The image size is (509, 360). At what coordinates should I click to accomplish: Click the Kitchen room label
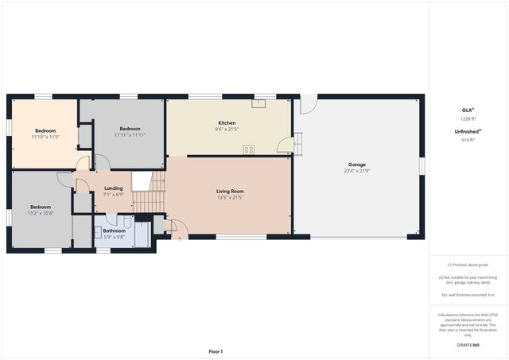pos(227,123)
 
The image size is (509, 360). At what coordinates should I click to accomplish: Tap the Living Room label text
pos(229,191)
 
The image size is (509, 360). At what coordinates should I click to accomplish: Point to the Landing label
pos(114,188)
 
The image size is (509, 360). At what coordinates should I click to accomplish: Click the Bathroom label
pos(114,230)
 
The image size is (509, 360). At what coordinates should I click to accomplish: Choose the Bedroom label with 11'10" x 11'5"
pos(45,130)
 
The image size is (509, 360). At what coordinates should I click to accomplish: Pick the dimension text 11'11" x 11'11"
pos(130,135)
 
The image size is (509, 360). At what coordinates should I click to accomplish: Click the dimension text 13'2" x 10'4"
pos(41,213)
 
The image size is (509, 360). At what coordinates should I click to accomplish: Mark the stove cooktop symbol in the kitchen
pos(249,149)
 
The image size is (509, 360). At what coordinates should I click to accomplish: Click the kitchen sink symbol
pos(258,103)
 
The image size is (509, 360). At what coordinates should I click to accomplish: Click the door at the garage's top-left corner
pos(308,104)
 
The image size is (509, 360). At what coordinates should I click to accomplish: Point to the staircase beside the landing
pos(148,195)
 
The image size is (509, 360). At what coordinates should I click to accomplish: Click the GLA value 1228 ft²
pos(468,118)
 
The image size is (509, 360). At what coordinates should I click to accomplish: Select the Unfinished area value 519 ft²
pos(468,140)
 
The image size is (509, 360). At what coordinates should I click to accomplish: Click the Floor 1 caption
pos(216,350)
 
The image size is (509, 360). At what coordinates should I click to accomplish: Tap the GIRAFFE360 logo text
pos(468,346)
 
